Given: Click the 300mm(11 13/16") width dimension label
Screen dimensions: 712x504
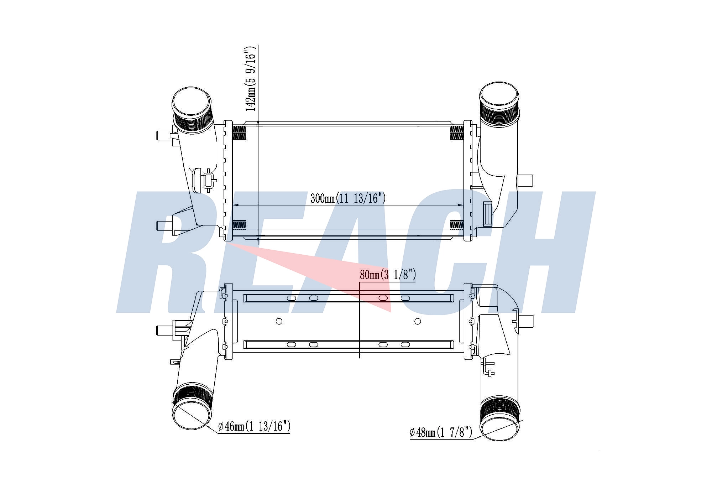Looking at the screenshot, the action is [348, 198].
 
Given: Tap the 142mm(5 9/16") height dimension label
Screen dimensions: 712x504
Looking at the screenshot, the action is [251, 78].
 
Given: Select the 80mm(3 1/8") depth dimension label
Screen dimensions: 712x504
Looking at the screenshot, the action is [388, 275].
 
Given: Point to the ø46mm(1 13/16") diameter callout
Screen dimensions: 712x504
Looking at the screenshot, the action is [254, 426].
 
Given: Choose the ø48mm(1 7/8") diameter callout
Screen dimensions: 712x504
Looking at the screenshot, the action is [441, 432].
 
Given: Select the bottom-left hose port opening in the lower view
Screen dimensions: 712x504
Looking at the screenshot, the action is [191, 415].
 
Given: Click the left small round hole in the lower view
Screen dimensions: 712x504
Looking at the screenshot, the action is [279, 321].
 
